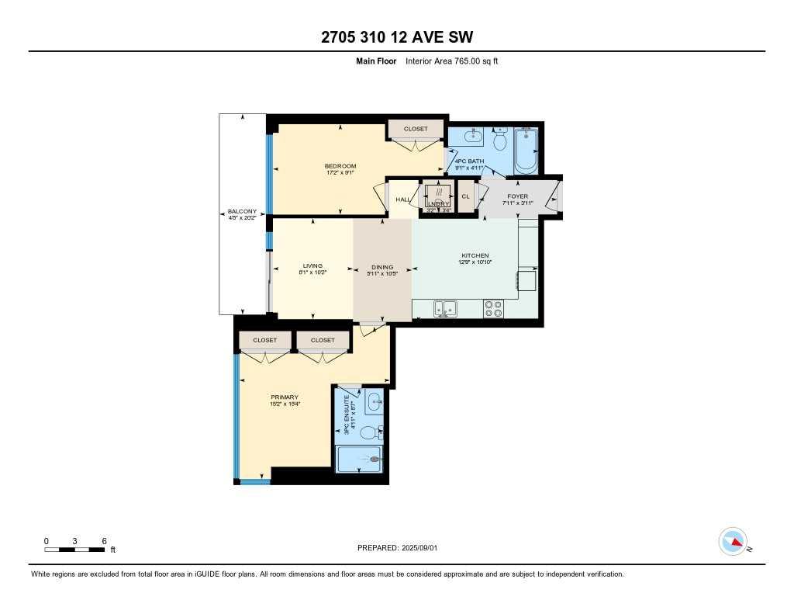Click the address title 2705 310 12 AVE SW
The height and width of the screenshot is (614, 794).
coord(397,37)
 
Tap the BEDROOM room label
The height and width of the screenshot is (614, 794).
coord(340,166)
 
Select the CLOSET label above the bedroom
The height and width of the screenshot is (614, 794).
coord(416,129)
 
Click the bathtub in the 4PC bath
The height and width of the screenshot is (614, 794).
coord(526,151)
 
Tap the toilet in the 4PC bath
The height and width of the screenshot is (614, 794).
coord(500,140)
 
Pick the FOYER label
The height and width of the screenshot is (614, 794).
coord(517,196)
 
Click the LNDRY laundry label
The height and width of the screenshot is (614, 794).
coord(438,204)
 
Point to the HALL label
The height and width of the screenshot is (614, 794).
coord(403,199)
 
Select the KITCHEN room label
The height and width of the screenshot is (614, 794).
coord(474,256)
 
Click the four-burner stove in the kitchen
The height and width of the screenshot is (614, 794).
coord(494,308)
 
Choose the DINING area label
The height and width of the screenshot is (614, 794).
coord(381,267)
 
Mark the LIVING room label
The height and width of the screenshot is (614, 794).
coord(312,265)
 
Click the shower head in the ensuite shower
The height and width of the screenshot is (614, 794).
coord(376,460)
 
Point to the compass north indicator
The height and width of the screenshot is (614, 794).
coord(733,541)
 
